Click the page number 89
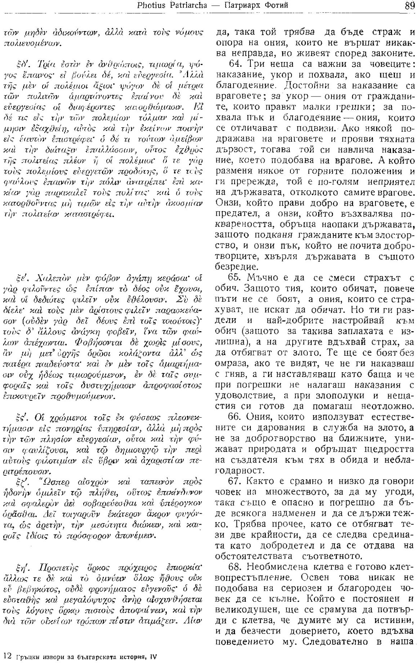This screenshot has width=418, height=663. coord(410,6)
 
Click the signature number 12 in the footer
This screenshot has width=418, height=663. coord(7,655)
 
